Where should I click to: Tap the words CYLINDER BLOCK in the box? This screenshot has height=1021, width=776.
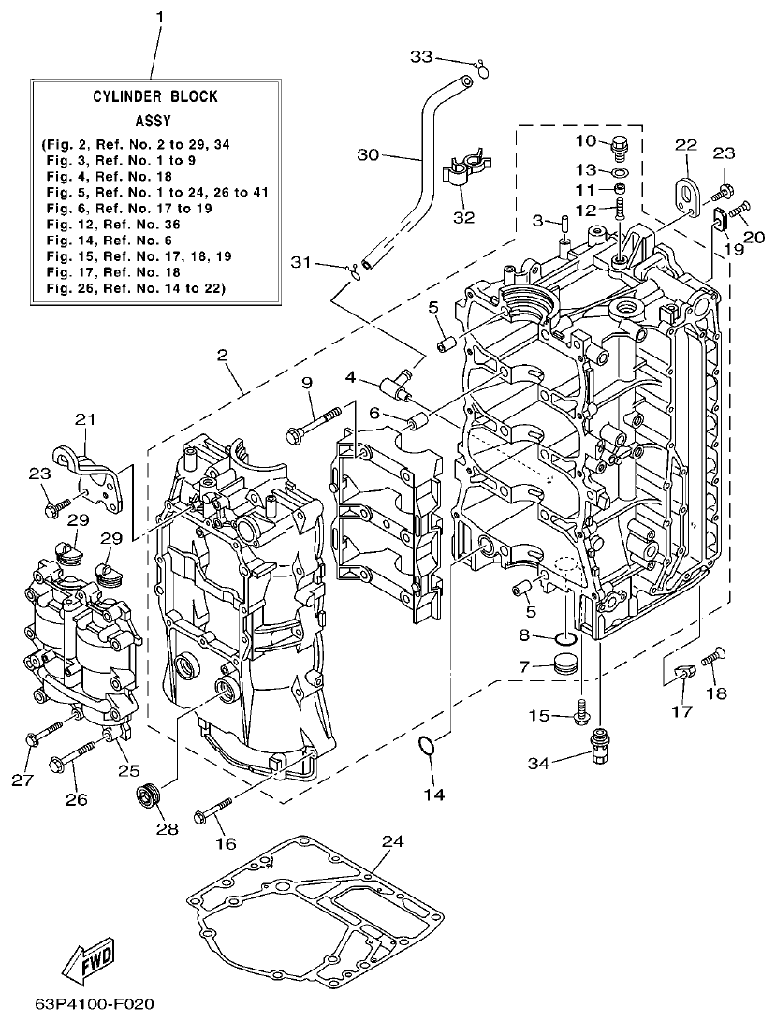point(155,96)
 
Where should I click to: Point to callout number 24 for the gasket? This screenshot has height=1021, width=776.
point(392,841)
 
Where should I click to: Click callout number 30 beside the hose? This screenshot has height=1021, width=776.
point(370,154)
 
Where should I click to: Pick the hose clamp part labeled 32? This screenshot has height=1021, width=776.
point(463,173)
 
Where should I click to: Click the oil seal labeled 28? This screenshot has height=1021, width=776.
point(148,799)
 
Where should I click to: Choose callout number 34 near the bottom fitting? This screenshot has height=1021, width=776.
point(539,763)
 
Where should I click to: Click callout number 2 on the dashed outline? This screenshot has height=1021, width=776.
point(223,355)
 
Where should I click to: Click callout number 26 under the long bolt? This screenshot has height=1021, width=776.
point(76,799)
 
